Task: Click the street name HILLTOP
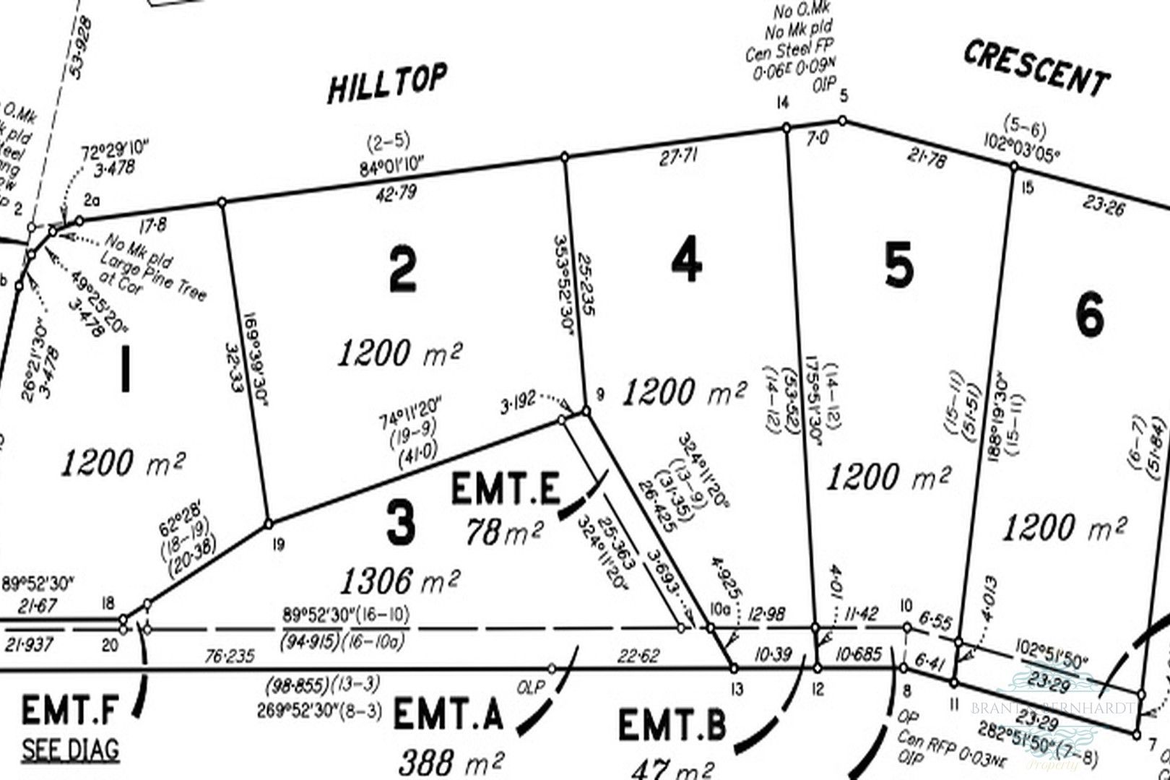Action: click(387, 82)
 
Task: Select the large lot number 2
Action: click(402, 269)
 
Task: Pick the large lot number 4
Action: click(685, 260)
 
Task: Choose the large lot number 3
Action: click(401, 523)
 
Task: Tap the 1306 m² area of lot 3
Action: click(401, 579)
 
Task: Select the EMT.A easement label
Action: click(448, 715)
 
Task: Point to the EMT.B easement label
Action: click(672, 725)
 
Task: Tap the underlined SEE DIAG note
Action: click(70, 750)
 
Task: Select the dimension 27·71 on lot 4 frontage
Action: click(677, 158)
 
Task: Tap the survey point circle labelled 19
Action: click(268, 523)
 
